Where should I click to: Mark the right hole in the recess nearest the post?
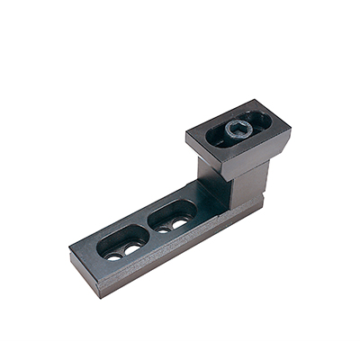[x=182, y=221]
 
